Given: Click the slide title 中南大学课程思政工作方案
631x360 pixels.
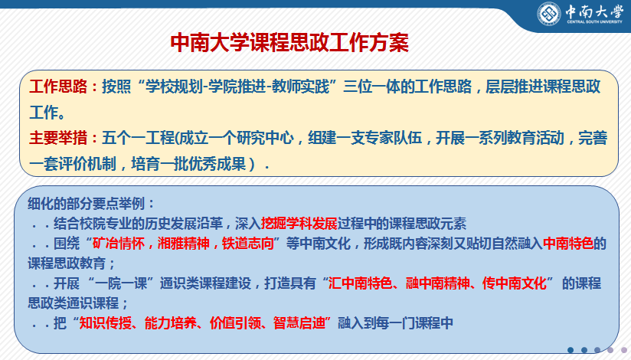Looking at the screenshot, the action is pos(289,43).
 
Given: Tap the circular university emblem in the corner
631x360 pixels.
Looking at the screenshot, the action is pos(549,14).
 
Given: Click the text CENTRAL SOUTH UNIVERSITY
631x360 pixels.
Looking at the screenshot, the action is pos(594,21).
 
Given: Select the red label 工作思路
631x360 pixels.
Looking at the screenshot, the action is pos(58,87).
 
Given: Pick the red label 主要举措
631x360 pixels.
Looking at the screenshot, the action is pos(58,138).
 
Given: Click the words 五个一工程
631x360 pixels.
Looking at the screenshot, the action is pos(138,138).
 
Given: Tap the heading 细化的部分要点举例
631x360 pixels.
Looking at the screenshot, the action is pos(86,203).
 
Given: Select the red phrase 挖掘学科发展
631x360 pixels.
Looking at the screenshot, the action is pos(299,223).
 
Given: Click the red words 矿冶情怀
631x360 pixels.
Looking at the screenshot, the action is pos(118,244).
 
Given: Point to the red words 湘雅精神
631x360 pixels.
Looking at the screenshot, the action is pos(183,244).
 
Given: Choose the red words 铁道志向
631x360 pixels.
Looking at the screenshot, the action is pos(248,244).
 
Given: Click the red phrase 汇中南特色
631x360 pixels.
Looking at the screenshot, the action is pos(360,283).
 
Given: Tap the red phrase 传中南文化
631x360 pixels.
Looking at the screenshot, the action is pos(515,283).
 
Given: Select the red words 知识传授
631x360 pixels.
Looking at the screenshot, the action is pos(106,323).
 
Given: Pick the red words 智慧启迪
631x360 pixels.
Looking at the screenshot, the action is pos(299,323).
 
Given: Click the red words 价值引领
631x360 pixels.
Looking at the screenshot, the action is pos(235,323).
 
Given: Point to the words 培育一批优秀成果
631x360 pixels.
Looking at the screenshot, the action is pos(188,164).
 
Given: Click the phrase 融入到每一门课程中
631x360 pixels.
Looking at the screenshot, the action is pos(395,323).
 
